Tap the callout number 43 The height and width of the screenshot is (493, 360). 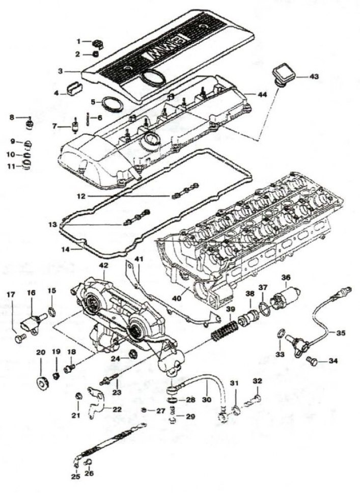(x=314, y=77)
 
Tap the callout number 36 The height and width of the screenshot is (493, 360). (x=286, y=278)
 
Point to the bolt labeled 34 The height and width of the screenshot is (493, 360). (x=313, y=362)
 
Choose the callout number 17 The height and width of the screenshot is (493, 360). (x=11, y=294)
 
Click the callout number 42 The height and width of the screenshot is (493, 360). (x=103, y=266)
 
